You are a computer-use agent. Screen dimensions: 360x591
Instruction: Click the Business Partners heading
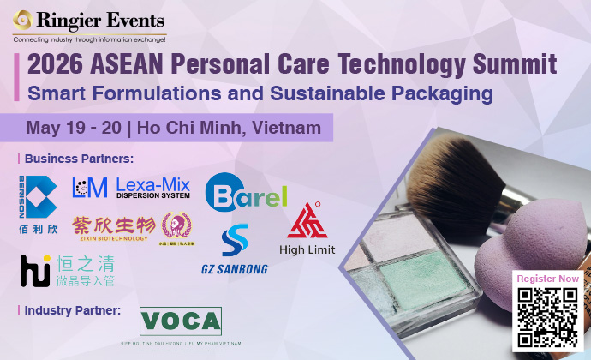click(78, 159)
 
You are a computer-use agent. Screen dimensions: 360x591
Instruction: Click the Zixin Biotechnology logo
click(115, 227)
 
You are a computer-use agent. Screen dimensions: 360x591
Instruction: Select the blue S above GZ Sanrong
click(234, 241)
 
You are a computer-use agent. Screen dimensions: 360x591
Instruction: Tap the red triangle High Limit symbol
click(306, 221)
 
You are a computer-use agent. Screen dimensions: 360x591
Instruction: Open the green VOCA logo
click(180, 321)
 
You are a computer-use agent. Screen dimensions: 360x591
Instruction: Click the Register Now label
click(548, 279)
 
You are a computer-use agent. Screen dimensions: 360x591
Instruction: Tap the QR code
click(548, 318)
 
